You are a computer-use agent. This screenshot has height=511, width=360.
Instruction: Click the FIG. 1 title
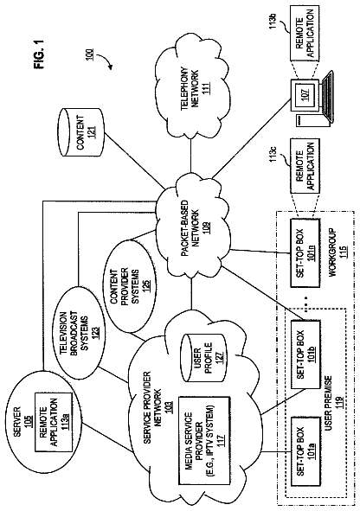[40, 54]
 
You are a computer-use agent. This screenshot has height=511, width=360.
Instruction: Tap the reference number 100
[90, 54]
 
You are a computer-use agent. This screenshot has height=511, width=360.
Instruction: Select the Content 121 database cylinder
[80, 132]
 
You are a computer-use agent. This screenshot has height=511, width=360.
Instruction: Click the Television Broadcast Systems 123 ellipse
[79, 332]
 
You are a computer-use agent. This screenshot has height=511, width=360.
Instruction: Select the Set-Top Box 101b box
[305, 355]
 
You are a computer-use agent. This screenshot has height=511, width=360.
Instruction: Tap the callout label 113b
[273, 21]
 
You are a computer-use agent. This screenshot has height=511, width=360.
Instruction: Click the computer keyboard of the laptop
[327, 95]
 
